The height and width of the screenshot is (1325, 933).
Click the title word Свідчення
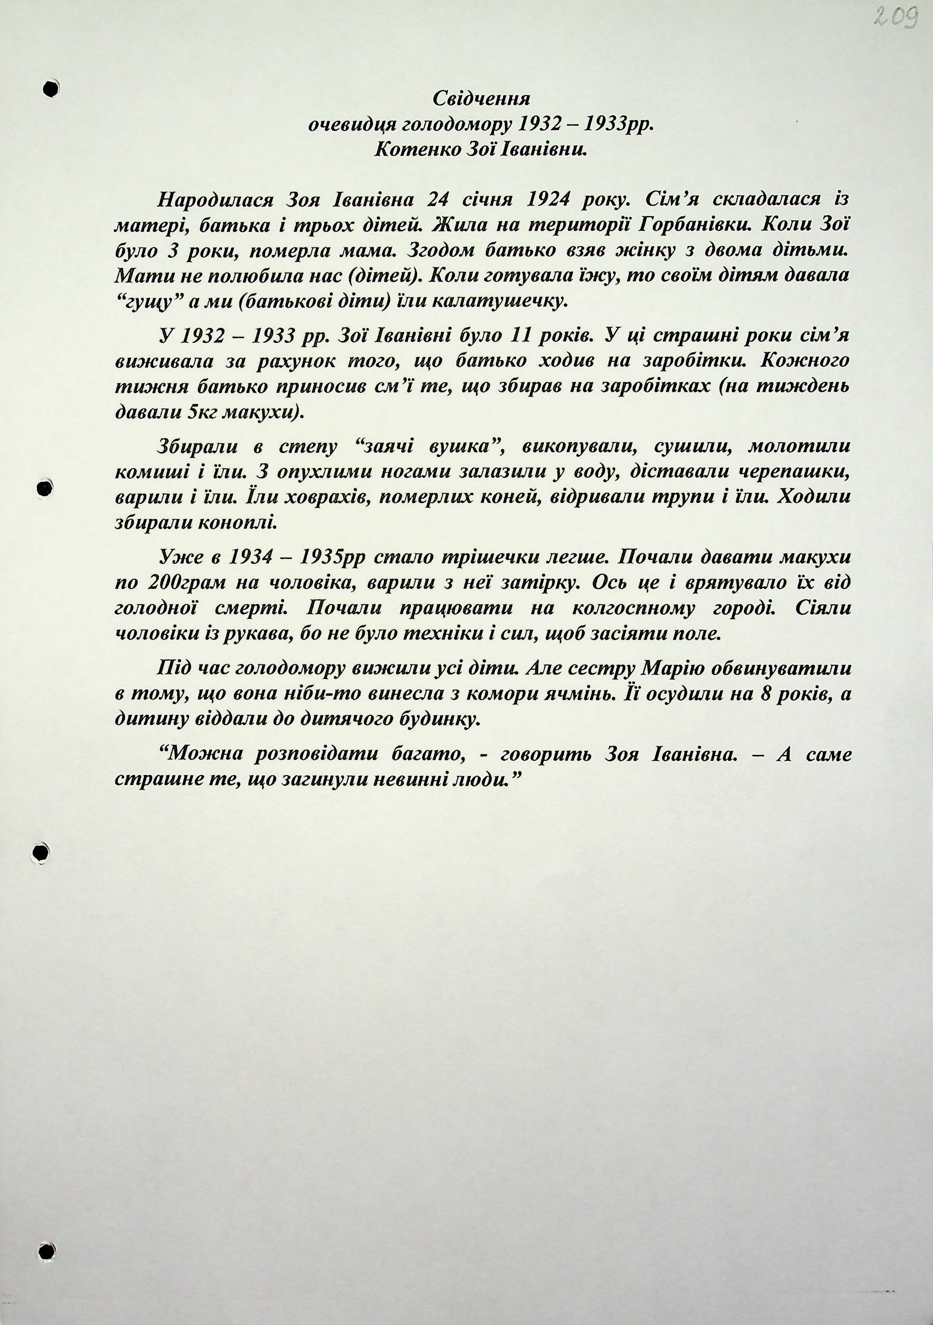point(481,99)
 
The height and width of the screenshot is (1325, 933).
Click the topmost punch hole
point(51,88)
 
